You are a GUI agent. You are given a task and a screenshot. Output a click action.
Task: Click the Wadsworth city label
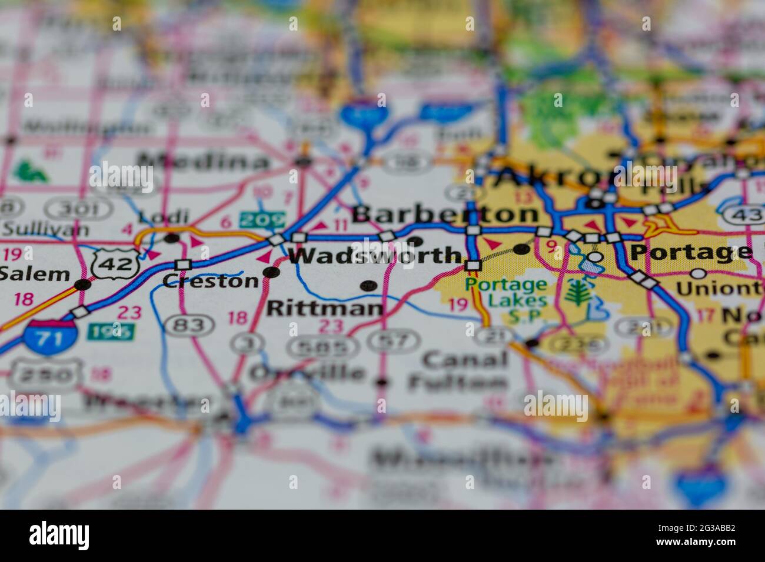pyautogui.click(x=375, y=256)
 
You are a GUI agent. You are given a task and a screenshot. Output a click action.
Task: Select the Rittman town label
pyautogui.click(x=325, y=307)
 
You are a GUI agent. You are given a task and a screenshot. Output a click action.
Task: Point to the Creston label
pyautogui.click(x=210, y=281)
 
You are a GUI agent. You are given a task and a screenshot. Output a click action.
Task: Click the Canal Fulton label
pyautogui.click(x=458, y=371)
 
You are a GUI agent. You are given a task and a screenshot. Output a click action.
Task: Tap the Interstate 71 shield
pyautogui.click(x=51, y=337)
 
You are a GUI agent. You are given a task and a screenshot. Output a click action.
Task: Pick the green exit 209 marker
pyautogui.click(x=262, y=220)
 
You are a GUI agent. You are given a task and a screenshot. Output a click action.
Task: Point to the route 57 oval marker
pyautogui.click(x=394, y=339)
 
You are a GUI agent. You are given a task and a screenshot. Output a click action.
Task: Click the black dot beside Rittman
pyautogui.click(x=368, y=286)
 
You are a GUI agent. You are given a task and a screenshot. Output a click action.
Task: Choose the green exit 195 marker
pyautogui.click(x=111, y=332)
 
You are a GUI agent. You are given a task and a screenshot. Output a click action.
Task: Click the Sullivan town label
pyautogui.click(x=45, y=229)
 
